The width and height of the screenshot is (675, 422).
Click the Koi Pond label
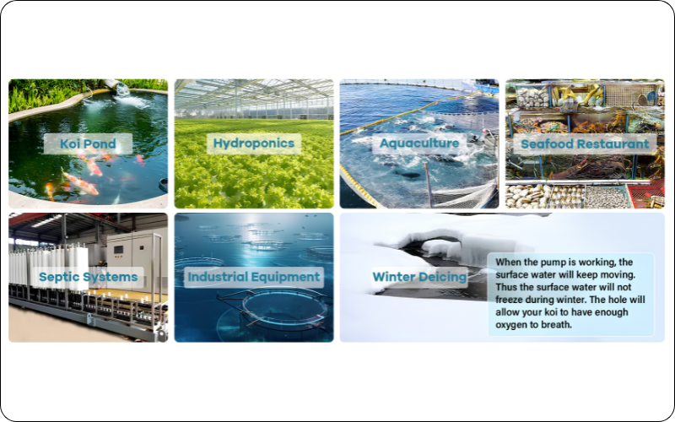88,143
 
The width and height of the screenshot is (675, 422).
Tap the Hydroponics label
254,143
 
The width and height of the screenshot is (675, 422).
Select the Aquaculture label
419,143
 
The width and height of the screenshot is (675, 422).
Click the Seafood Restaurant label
585,143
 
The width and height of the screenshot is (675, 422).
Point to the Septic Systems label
89,277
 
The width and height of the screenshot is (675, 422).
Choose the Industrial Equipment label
254,277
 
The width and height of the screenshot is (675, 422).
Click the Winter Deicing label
419,277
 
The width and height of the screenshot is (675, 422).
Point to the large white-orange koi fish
80,182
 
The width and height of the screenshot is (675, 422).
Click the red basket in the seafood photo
645,195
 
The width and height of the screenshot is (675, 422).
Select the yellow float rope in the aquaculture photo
409,113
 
